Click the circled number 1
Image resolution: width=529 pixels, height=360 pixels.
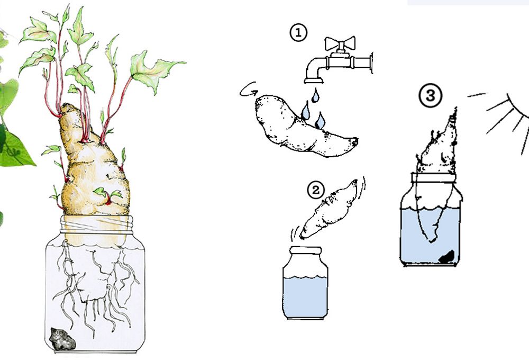pyautogui.click(x=298, y=33)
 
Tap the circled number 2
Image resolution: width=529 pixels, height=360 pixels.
pyautogui.click(x=316, y=190)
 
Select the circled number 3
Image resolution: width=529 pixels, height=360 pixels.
pyautogui.click(x=431, y=96)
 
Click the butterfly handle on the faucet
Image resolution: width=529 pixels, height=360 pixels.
pyautogui.click(x=340, y=43)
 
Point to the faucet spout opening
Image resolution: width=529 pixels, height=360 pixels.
pyautogui.click(x=314, y=80)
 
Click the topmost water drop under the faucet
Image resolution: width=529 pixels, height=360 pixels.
pyautogui.click(x=315, y=95)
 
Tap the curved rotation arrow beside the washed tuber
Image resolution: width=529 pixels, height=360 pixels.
pyautogui.click(x=249, y=90)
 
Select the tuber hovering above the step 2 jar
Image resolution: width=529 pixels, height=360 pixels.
pyautogui.click(x=329, y=209)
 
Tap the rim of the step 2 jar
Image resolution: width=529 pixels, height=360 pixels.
pyautogui.click(x=306, y=250)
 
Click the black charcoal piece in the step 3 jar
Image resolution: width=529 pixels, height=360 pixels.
pyautogui.click(x=446, y=257)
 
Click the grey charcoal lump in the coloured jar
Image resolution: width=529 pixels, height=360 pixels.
pyautogui.click(x=62, y=339)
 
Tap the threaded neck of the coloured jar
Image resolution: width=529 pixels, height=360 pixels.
pyautogui.click(x=96, y=224)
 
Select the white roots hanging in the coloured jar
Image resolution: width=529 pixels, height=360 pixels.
pyautogui.click(x=96, y=291)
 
